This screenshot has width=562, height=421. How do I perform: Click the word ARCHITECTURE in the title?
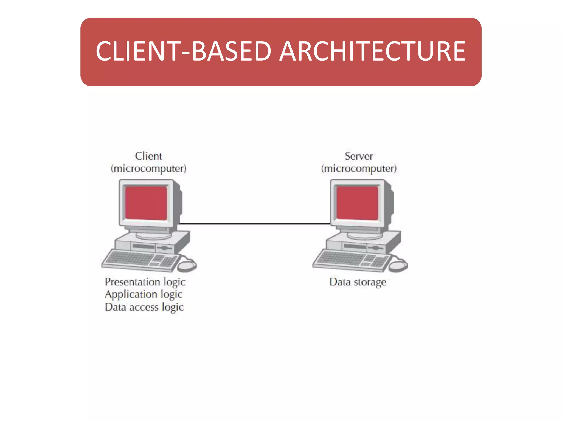pos(372,51)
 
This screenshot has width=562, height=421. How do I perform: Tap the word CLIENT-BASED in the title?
pos(183,51)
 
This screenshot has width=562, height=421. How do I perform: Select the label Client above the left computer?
pos(148,156)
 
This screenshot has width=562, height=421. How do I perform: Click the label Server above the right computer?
pos(359,156)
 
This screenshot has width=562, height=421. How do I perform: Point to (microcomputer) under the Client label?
pos(148,168)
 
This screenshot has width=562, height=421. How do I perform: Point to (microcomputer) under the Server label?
pos(359,168)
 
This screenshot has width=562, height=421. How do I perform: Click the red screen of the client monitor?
pos(146,203)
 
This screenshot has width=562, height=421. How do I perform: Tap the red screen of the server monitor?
pos(357,203)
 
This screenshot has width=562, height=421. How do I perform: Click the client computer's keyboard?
pos(140,260)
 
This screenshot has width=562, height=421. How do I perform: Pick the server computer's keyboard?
pos(351,260)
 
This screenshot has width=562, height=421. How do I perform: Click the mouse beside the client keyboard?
pos(187,265)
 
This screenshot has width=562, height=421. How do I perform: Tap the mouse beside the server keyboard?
pos(398,265)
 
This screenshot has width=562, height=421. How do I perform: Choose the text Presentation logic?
pos(145,282)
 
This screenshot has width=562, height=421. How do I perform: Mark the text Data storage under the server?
pos(358,282)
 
